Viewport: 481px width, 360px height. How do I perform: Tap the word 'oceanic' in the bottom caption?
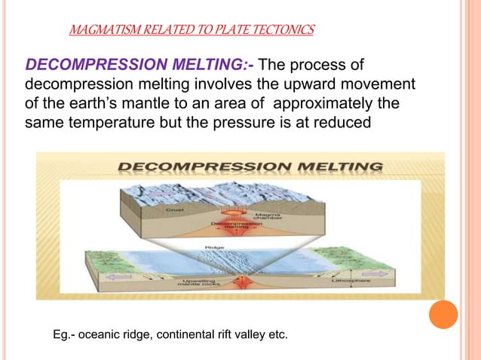tap(112, 331)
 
